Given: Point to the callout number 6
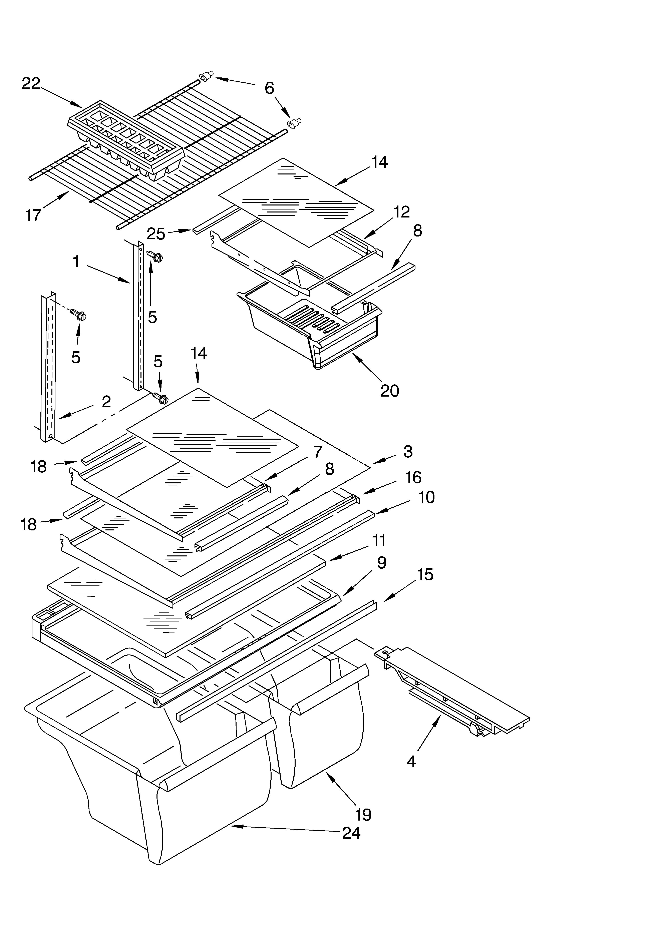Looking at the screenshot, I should pyautogui.click(x=269, y=88).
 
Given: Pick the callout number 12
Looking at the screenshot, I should pyautogui.click(x=401, y=212).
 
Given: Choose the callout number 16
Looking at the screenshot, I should pyautogui.click(x=413, y=477).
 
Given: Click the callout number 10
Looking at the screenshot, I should pyautogui.click(x=426, y=497).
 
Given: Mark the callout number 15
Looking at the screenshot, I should pyautogui.click(x=425, y=575).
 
